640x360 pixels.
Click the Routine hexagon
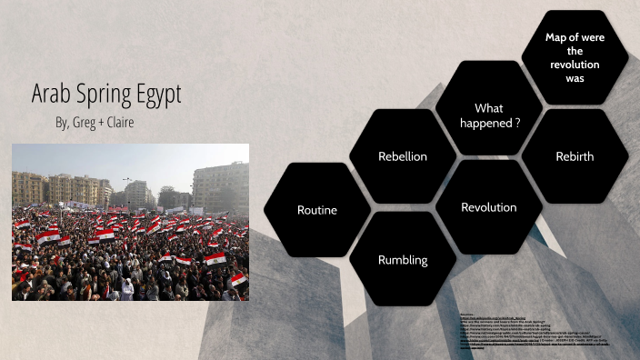coord(316,210)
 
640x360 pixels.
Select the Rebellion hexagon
coord(402,156)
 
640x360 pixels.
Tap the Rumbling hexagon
coord(402,261)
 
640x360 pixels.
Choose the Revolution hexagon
coord(488,207)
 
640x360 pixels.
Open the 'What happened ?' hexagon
coord(489,115)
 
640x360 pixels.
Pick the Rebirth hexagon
coord(574,156)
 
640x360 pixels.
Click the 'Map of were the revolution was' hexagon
coord(575,57)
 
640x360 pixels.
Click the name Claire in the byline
coord(121,122)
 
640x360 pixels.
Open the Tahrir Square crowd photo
coord(130,222)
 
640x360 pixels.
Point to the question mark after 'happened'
coord(517,124)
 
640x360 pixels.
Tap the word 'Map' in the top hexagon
coord(556,37)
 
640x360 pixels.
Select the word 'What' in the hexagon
coord(489,108)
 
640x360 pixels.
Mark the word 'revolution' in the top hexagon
coord(575,65)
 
